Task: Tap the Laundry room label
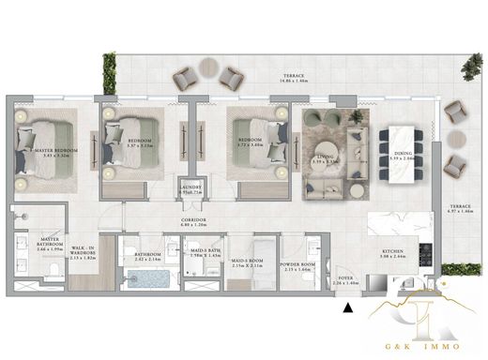pyautogui.click(x=191, y=189)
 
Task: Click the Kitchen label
pyautogui.click(x=392, y=254)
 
